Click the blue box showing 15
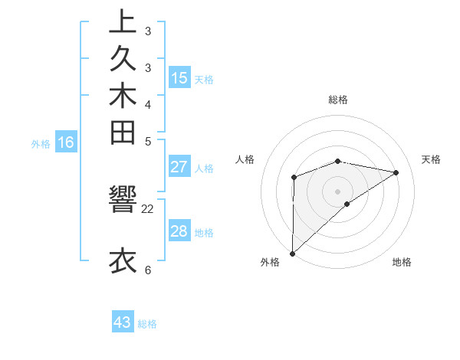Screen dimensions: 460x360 pyautogui.click(x=179, y=77)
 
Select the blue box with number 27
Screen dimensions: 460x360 pyautogui.click(x=179, y=167)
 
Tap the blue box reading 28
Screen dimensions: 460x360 pyautogui.click(x=179, y=231)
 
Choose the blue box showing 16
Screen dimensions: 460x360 pyautogui.click(x=66, y=142)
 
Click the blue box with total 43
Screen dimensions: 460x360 pyautogui.click(x=123, y=322)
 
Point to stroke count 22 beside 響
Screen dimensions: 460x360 pyautogui.click(x=148, y=208)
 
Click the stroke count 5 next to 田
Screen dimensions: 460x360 pyautogui.click(x=148, y=141)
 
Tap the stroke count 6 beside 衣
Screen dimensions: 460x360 pyautogui.click(x=148, y=270)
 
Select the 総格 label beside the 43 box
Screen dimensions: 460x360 pyautogui.click(x=148, y=324)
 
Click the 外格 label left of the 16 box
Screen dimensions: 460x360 pyautogui.click(x=41, y=143)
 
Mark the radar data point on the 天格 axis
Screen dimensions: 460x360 pyautogui.click(x=396, y=172)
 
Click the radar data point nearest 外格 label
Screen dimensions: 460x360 pyautogui.click(x=292, y=253)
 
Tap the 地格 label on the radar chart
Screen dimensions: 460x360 pyautogui.click(x=402, y=263)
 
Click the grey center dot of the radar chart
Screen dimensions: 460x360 pyautogui.click(x=337, y=191)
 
